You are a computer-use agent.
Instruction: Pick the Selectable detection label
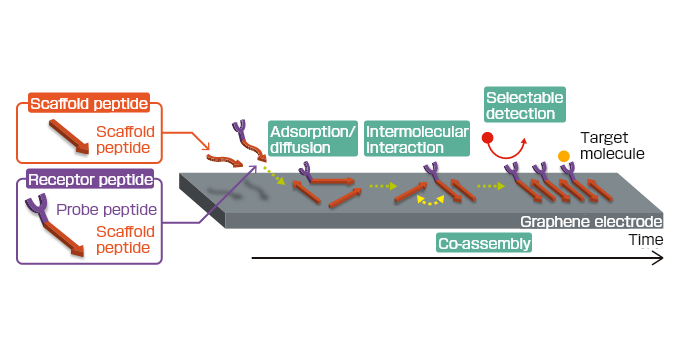(523, 105)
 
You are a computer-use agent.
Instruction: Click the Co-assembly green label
(484, 243)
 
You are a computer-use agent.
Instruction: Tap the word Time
(645, 241)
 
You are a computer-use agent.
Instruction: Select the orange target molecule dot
(564, 155)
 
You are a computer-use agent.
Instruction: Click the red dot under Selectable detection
(488, 137)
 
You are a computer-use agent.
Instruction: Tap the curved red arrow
(510, 151)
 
